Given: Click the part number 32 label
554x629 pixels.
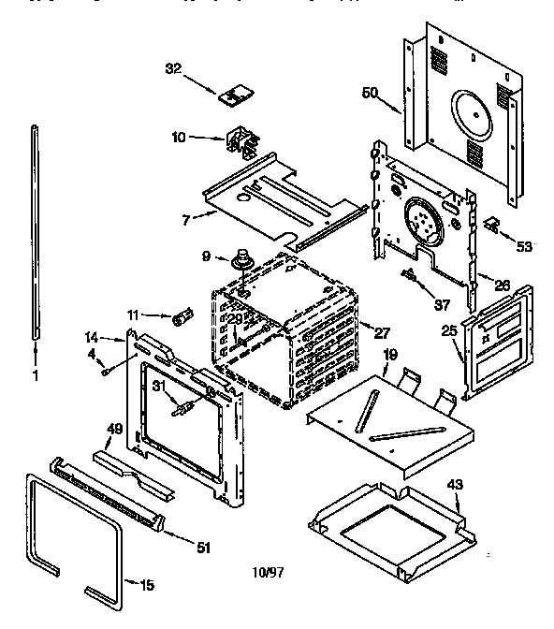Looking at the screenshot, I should click(172, 67).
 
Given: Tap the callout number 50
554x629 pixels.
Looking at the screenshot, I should click(371, 93).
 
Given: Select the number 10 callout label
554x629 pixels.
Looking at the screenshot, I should click(179, 138).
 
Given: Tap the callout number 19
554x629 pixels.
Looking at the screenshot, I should click(391, 355).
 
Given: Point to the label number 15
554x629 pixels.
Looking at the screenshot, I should click(146, 587).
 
